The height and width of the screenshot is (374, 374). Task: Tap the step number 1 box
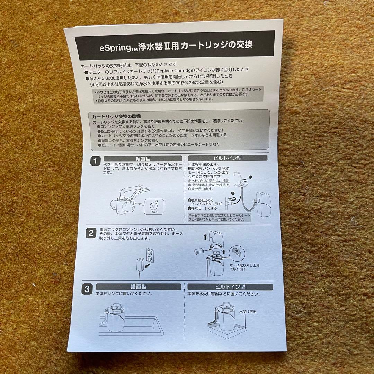[x=94, y=161]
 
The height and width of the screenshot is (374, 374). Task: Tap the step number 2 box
[x=90, y=233]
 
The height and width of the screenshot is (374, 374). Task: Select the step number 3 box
[x=87, y=289]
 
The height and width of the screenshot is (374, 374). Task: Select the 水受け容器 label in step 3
[x=248, y=312]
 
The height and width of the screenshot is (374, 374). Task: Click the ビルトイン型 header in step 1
[x=228, y=158]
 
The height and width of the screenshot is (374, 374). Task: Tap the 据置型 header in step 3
[x=138, y=287]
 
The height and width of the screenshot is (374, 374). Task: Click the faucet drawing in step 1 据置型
[x=126, y=201]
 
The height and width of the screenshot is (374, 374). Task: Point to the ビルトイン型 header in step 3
[x=230, y=287]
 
